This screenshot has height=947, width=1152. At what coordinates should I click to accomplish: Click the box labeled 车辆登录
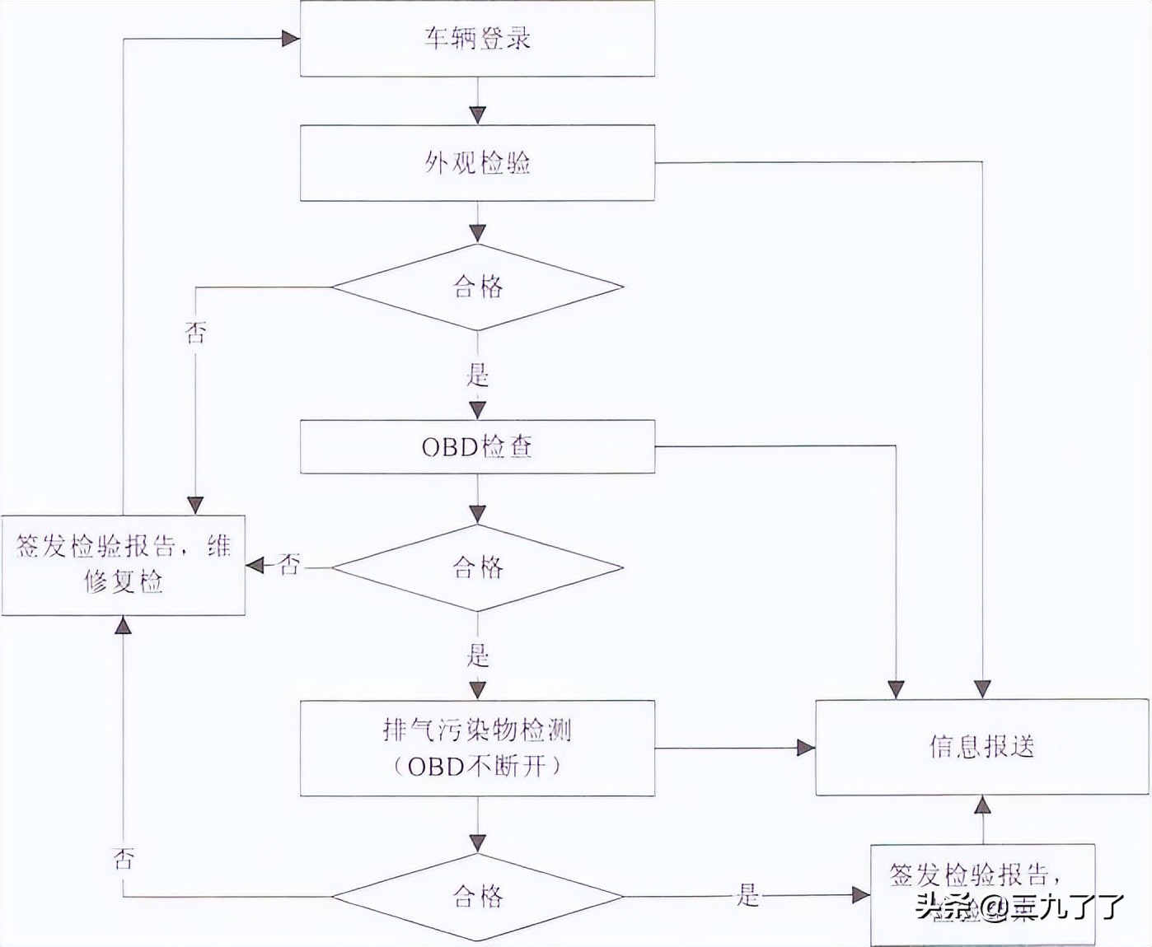tap(477, 39)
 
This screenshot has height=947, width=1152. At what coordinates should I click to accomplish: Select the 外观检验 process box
tap(477, 163)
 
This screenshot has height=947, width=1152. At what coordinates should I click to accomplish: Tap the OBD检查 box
tap(477, 446)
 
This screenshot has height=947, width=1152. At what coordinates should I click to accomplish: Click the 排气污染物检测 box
tap(477, 748)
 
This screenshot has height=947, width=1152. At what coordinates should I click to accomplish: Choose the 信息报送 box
tap(981, 747)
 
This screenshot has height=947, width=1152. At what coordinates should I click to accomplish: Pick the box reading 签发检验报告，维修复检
tap(123, 565)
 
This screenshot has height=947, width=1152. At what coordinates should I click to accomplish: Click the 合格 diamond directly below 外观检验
tap(477, 287)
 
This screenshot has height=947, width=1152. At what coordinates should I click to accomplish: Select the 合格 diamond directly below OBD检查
tap(477, 567)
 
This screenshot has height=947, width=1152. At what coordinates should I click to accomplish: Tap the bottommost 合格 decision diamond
tap(477, 896)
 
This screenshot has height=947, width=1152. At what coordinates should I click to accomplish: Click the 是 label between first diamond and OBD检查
tap(478, 376)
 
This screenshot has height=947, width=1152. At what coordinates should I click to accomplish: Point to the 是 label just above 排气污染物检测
tap(478, 655)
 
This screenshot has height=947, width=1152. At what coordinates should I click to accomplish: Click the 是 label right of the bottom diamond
tap(747, 895)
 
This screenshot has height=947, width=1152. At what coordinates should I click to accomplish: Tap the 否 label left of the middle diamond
tap(289, 566)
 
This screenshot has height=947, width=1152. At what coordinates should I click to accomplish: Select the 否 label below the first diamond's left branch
tap(195, 334)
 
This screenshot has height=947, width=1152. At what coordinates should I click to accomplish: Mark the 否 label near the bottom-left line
tap(124, 860)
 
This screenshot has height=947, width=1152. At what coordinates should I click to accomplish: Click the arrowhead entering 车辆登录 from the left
tap(290, 39)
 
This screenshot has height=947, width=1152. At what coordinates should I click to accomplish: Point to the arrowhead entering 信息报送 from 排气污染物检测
tap(805, 748)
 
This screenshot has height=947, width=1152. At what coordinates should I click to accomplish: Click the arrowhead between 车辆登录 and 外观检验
tap(477, 114)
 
